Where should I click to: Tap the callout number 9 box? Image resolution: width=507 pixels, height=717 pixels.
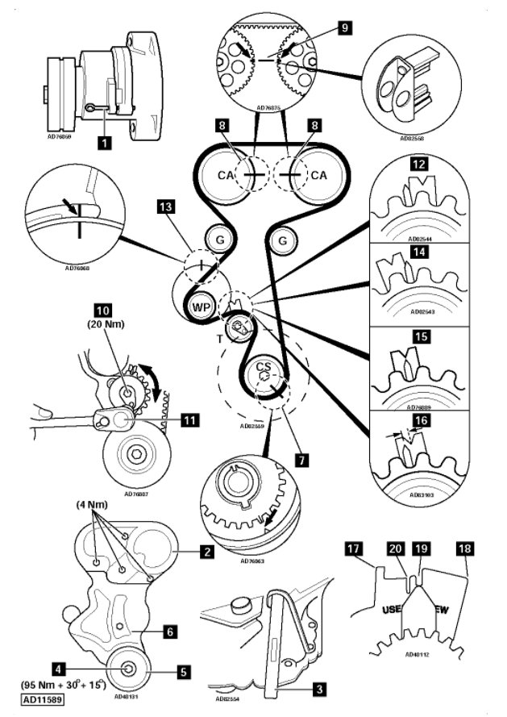click(344, 28)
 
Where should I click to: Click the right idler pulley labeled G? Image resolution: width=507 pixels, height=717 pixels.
click(282, 240)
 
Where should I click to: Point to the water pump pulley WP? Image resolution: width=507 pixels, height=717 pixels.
click(199, 307)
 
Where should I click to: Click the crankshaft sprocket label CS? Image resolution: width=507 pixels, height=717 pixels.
click(263, 367)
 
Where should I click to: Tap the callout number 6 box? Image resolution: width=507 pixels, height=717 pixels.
click(170, 632)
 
